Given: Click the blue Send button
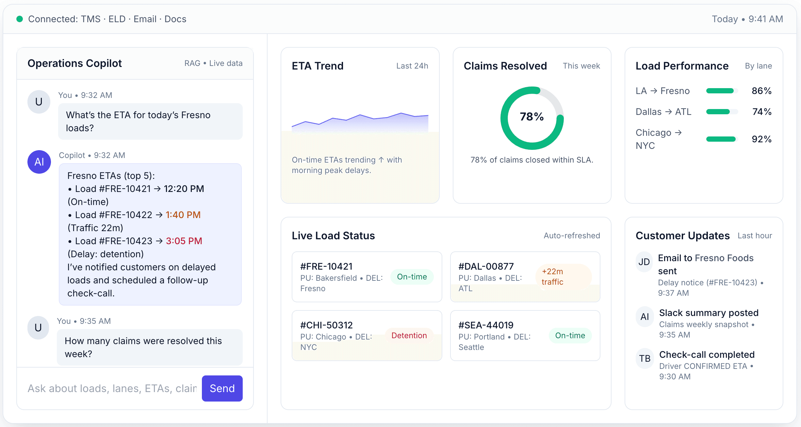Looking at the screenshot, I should (x=222, y=388).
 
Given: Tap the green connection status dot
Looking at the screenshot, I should (x=20, y=19).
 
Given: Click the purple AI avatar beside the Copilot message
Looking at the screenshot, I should (x=39, y=162).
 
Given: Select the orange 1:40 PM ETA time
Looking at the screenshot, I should (x=183, y=215).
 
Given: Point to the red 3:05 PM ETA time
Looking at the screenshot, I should (x=184, y=241).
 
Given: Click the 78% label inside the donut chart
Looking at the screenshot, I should (x=532, y=117).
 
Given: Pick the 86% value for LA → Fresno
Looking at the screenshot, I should (x=761, y=91).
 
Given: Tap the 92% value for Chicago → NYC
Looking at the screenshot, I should (x=761, y=139).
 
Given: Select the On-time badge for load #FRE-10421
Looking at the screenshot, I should (x=412, y=277).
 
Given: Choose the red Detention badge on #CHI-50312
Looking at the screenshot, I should (x=409, y=336).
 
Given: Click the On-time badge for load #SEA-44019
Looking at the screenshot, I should (x=570, y=336).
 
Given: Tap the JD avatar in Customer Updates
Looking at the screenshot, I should (x=644, y=262).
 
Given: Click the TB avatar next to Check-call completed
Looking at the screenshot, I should (x=645, y=358).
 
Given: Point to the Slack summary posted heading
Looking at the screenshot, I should (x=709, y=313).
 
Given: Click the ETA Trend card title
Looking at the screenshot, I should (x=318, y=66).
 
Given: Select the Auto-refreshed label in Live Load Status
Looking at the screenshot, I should (x=572, y=236).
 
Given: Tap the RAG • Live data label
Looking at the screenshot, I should (x=213, y=63).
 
